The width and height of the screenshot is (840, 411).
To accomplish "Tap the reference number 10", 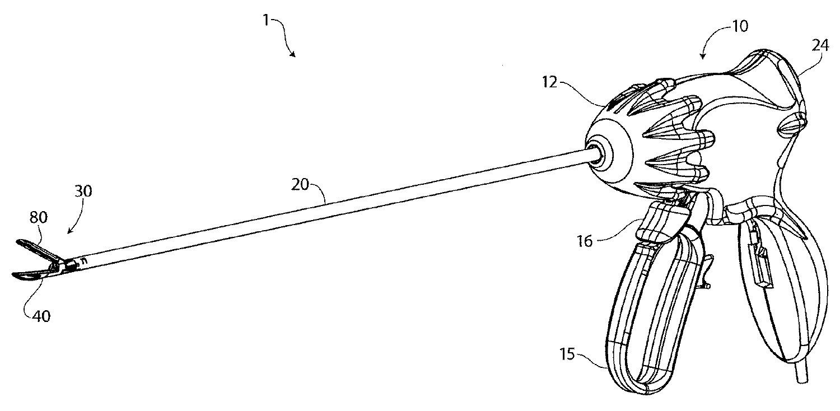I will pyautogui.click(x=740, y=26).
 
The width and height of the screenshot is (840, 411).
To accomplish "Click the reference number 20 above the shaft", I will pyautogui.click(x=301, y=184).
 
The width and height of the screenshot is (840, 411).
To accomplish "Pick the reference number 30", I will pyautogui.click(x=83, y=191).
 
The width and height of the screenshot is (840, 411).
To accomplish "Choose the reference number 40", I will pyautogui.click(x=41, y=316).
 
